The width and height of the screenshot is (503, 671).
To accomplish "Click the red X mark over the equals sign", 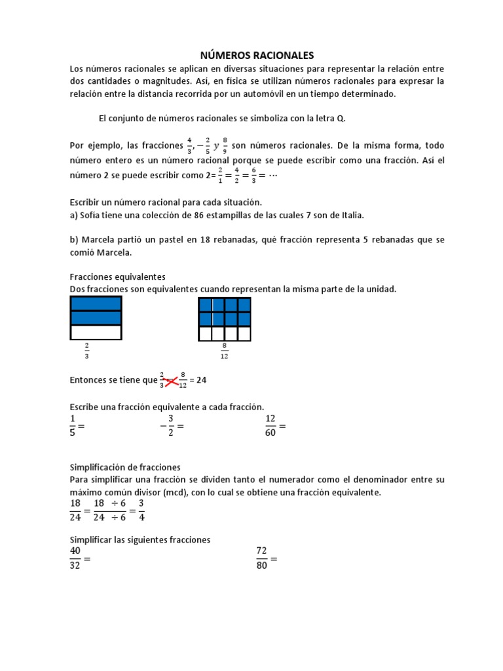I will [x=172, y=379].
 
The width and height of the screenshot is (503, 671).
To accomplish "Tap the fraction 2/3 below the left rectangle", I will [x=86, y=352].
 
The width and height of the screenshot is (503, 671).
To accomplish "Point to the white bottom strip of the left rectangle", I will [x=96, y=333].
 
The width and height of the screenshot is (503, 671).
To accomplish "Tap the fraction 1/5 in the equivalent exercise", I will [x=73, y=425].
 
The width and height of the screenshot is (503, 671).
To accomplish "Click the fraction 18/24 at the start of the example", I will [x=75, y=510].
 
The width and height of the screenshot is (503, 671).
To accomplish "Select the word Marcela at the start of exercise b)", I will [x=99, y=240].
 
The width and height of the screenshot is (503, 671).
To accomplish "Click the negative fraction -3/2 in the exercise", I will [x=168, y=425].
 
